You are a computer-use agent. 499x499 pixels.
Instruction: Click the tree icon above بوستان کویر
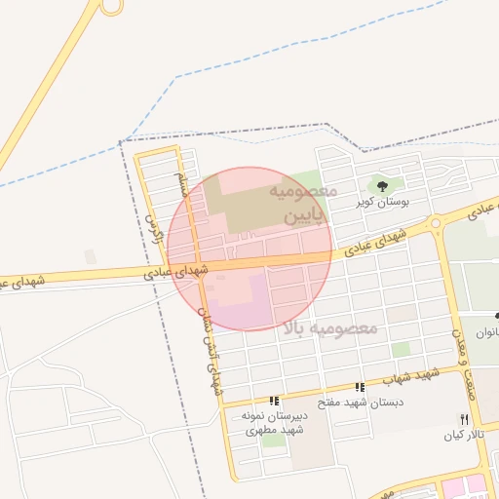pyautogui.click(x=381, y=183)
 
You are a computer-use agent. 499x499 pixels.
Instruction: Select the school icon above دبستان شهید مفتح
pyautogui.click(x=361, y=387)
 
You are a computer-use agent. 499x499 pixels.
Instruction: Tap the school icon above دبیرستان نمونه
pyautogui.click(x=275, y=400)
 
